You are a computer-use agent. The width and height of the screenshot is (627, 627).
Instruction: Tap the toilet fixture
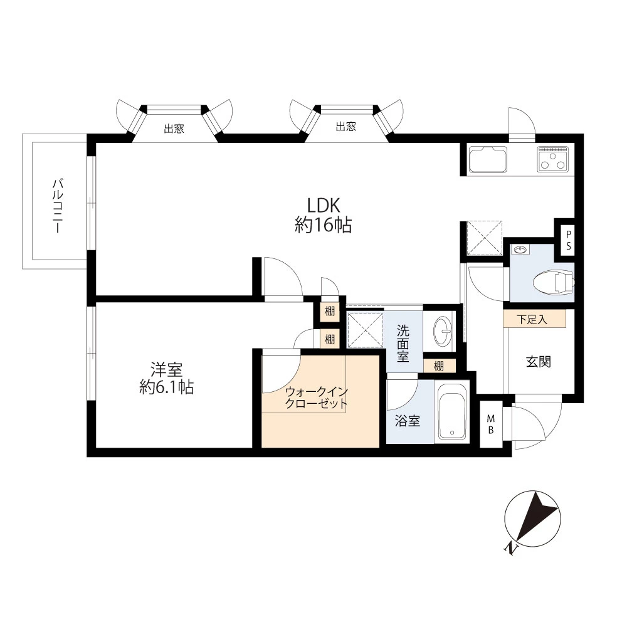(x=554, y=282)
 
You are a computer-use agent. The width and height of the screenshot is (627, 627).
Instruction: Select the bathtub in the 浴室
(x=452, y=411)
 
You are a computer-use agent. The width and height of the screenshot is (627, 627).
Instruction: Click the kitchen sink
(x=488, y=159)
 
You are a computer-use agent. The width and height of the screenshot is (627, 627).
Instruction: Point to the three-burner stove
(x=553, y=159)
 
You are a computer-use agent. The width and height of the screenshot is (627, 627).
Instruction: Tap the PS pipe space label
(x=569, y=240)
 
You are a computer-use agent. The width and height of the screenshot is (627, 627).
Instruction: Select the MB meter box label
(x=491, y=424)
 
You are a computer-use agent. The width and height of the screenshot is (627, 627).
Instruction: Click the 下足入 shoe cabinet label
(x=532, y=320)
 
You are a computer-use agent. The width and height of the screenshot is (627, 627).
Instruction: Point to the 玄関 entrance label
(x=539, y=362)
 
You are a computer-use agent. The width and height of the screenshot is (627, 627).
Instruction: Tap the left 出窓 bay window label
(x=174, y=129)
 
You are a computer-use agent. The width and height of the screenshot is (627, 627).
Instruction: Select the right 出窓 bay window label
(x=346, y=127)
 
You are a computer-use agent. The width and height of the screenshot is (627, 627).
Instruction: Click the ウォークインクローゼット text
(x=316, y=398)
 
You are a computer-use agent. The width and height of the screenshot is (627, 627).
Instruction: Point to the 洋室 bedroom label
(x=167, y=369)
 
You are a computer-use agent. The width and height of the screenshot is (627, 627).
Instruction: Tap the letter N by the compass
(x=510, y=549)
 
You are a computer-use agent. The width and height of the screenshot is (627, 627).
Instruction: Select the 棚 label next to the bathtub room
(x=439, y=366)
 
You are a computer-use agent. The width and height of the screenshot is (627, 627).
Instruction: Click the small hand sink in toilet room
(x=520, y=250)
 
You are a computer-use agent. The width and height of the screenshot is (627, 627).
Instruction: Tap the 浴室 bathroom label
(x=408, y=421)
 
